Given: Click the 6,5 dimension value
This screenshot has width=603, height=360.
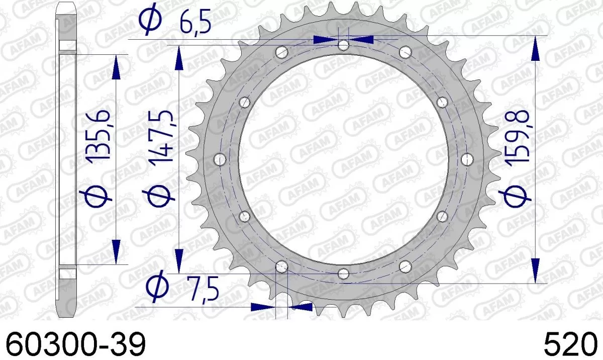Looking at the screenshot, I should click(195, 25).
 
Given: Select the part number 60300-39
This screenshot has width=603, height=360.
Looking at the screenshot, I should click(75, 346).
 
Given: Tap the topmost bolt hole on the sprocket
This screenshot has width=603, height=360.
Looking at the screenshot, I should click(343, 46).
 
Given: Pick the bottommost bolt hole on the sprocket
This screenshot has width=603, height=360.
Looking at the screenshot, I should click(343, 274).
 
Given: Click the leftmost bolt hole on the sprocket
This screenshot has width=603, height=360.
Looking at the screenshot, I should click(220, 159).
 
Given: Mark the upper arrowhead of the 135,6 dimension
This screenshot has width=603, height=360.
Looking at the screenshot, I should click(116, 68).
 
